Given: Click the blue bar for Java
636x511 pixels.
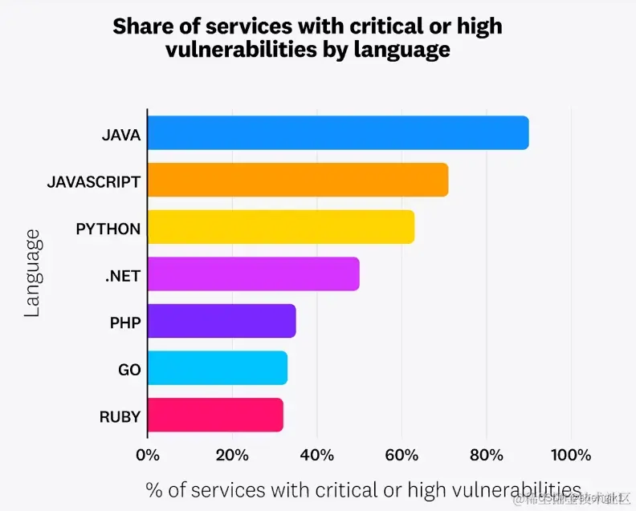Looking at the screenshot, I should (338, 133).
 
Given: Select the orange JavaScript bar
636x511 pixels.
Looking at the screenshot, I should (298, 180).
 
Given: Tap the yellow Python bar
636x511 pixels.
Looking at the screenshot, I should (281, 227).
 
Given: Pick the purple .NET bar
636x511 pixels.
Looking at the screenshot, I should (254, 274).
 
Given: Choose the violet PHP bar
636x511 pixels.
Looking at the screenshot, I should (222, 321).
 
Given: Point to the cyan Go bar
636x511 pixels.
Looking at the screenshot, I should (218, 368).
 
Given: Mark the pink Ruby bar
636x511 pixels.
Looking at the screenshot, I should (215, 415).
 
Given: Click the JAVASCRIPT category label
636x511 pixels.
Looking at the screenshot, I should (93, 181).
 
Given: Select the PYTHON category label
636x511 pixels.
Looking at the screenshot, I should (108, 229).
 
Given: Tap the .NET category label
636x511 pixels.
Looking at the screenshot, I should (122, 276).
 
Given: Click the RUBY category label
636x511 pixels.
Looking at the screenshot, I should (120, 416).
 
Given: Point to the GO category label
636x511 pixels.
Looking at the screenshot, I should (128, 370).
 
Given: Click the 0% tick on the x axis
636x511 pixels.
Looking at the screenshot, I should (148, 455).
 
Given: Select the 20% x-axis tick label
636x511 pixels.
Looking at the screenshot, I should (232, 455).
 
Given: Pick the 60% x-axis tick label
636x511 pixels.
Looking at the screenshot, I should (402, 455).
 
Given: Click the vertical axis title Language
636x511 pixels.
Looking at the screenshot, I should (32, 274).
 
